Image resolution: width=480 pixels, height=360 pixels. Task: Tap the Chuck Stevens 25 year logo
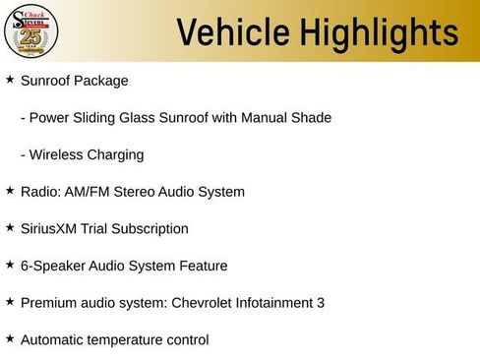tap(31, 30)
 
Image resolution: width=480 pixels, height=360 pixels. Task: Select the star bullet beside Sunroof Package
tap(10, 80)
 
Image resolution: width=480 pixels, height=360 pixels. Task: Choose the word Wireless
tap(57, 154)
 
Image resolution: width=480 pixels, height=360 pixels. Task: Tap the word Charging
tap(117, 154)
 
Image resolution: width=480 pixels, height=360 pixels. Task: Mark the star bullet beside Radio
tap(10, 191)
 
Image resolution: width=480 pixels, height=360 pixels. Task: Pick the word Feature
tap(202, 266)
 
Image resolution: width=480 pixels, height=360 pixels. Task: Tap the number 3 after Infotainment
tap(321, 303)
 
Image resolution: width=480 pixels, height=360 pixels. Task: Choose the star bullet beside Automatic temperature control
tap(10, 339)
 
